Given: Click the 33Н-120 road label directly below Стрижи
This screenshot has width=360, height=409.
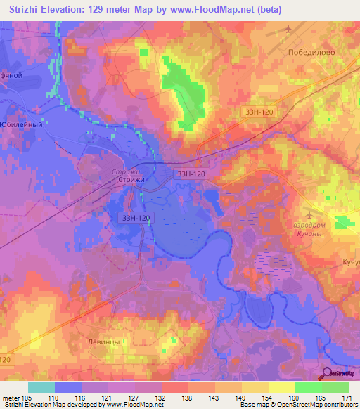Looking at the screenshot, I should click(134, 219).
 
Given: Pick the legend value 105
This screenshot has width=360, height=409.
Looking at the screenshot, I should click(27, 397).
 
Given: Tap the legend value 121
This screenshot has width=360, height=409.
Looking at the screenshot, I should click(108, 397).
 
